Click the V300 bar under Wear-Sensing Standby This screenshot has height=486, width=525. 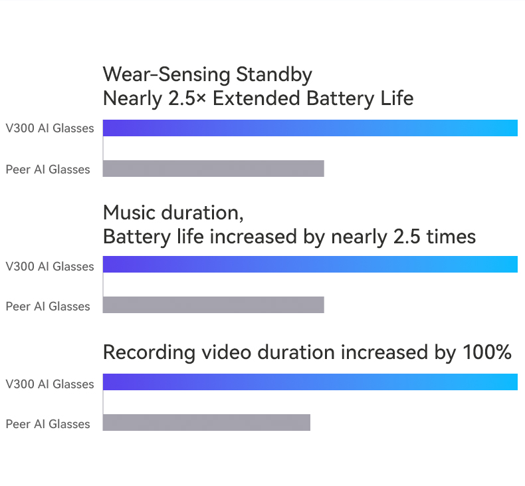(x=310, y=128)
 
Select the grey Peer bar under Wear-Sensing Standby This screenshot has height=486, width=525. (x=213, y=168)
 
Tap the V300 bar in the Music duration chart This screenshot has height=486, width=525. (x=310, y=264)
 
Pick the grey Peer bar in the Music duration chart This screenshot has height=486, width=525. (x=213, y=304)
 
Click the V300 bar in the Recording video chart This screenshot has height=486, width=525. (x=310, y=382)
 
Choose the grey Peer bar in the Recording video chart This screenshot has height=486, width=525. (x=206, y=422)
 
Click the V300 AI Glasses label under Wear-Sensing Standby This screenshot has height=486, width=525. (x=50, y=128)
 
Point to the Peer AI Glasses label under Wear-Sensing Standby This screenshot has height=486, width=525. (x=48, y=170)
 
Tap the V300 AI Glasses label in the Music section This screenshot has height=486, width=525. (x=50, y=267)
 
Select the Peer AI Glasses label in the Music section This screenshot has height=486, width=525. (x=48, y=306)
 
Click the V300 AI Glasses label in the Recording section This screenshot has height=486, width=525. (x=50, y=384)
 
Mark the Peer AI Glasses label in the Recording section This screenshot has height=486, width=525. (x=48, y=424)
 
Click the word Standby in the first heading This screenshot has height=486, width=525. (x=274, y=75)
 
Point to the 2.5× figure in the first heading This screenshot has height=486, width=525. (x=187, y=98)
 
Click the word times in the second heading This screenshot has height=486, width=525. (x=451, y=237)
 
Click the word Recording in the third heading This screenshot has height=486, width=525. (x=149, y=353)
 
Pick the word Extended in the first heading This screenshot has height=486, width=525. (x=256, y=98)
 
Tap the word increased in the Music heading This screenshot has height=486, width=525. (x=253, y=237)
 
